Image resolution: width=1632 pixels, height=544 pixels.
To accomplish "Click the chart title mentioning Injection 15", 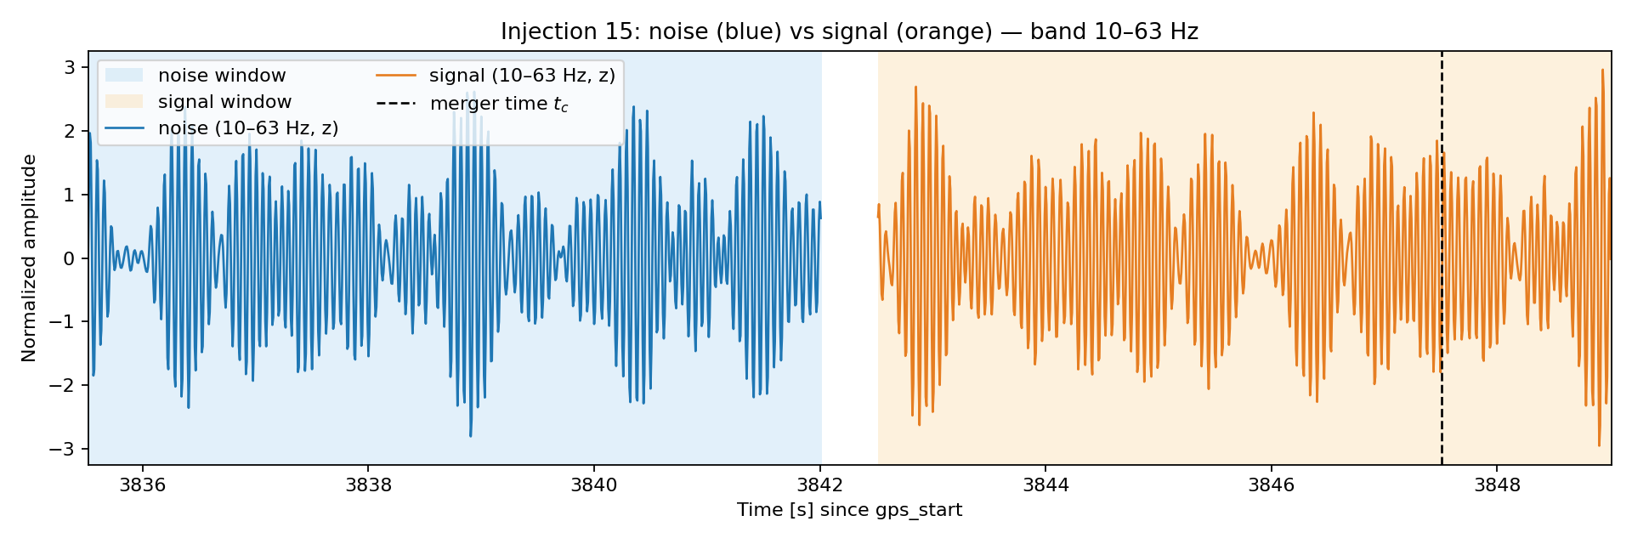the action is click(849, 31).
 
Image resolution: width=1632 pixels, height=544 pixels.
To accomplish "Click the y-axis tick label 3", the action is click(71, 67).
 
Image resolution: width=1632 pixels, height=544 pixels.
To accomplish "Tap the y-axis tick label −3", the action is click(64, 449).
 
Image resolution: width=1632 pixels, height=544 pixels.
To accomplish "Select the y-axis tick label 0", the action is click(71, 258).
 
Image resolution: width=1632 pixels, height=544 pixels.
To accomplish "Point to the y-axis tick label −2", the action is click(64, 385).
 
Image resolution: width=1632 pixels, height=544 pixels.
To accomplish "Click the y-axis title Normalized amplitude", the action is click(30, 258).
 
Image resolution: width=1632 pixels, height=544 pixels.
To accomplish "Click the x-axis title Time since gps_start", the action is click(849, 510).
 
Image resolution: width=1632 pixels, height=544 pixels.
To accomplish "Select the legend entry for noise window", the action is click(195, 76).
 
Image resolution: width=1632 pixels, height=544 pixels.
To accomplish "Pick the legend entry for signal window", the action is click(198, 102).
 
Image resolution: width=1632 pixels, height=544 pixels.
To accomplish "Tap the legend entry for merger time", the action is click(472, 104).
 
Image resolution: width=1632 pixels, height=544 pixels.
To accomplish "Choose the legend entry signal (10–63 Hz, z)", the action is click(496, 76).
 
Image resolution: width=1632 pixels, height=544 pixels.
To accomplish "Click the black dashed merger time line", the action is click(1442, 258).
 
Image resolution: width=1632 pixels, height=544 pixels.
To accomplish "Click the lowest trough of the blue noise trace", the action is click(470, 436).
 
